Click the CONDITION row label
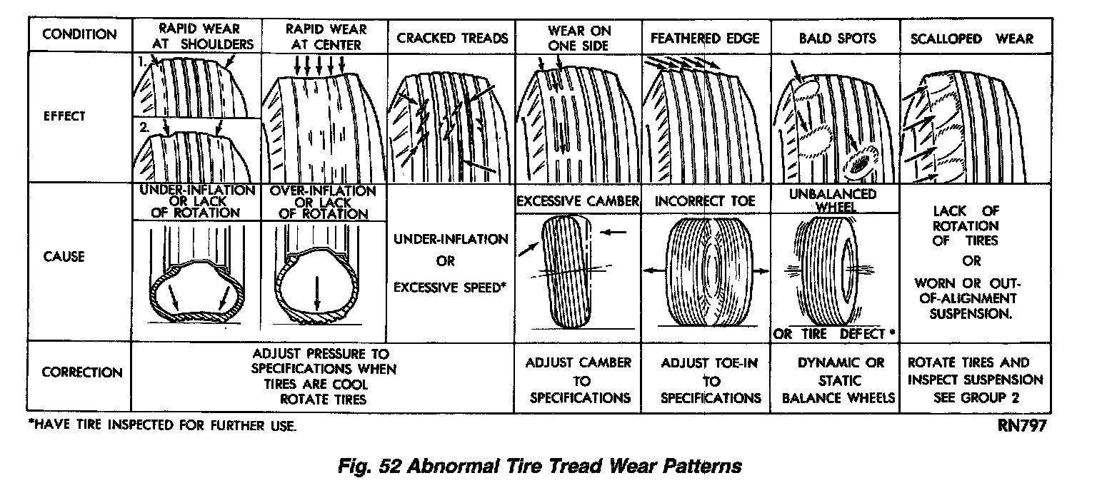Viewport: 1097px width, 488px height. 79,35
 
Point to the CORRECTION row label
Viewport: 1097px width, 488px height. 81,372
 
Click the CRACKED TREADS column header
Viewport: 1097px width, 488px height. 452,38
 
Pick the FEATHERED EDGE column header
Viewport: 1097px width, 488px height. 706,38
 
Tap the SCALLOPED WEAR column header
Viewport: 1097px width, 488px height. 971,38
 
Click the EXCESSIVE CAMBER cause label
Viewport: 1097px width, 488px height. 578,201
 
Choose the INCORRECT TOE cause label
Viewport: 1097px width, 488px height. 705,201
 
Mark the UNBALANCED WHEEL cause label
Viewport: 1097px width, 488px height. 835,200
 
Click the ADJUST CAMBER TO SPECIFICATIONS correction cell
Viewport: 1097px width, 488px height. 578,380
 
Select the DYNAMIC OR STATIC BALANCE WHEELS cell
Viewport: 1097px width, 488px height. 835,380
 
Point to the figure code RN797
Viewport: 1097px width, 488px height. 1023,426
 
